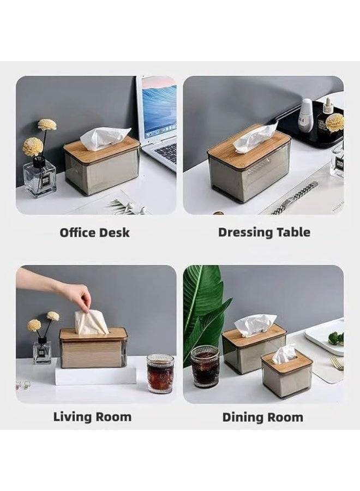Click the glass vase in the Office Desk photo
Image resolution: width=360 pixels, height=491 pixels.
pyautogui.click(x=40, y=178)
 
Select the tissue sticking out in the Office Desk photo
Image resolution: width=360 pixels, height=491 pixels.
pyautogui.click(x=105, y=137)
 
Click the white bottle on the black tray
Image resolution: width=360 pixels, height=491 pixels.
pyautogui.click(x=306, y=115)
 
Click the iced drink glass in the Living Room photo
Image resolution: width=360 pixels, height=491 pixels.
pyautogui.click(x=160, y=373)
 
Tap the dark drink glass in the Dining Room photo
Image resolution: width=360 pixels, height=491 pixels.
pyautogui.click(x=205, y=366)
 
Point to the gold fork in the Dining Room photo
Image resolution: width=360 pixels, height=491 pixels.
pyautogui.click(x=337, y=363)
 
